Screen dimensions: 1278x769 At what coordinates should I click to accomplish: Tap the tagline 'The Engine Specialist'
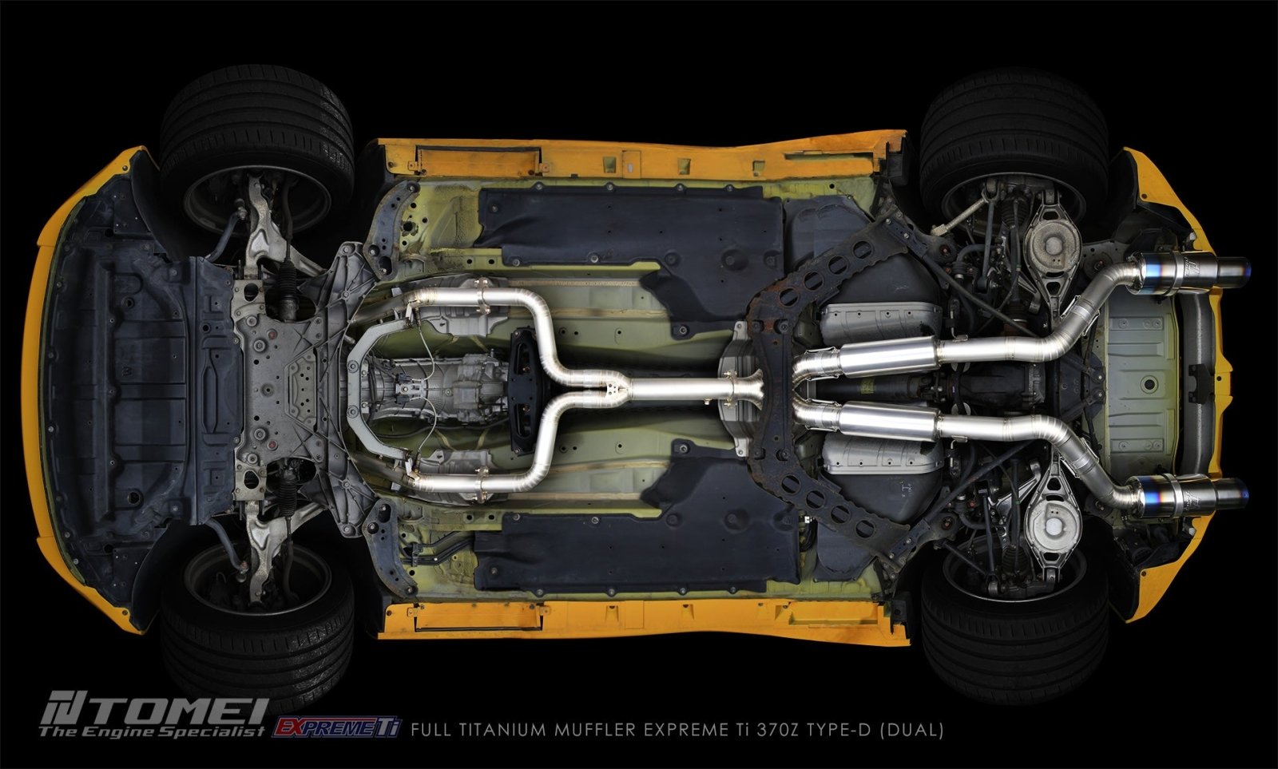coord(152,731)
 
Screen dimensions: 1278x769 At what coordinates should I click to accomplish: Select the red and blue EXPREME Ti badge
coord(337,727)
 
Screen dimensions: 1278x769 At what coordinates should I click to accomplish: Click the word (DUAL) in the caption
coord(911,730)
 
